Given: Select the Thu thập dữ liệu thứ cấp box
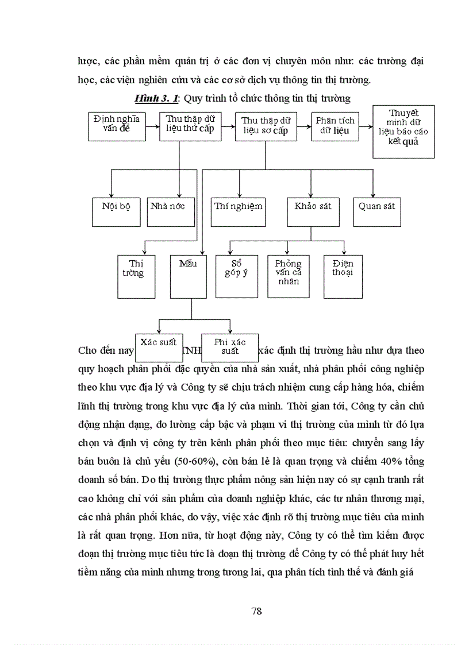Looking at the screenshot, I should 190,126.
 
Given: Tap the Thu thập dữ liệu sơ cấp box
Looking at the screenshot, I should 265,126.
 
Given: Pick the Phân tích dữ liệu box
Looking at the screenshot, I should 335,126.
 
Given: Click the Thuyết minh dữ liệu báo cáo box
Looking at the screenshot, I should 403,132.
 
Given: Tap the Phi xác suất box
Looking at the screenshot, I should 230,347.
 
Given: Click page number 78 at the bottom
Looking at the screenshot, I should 257,611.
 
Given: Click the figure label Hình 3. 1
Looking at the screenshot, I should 156,98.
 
